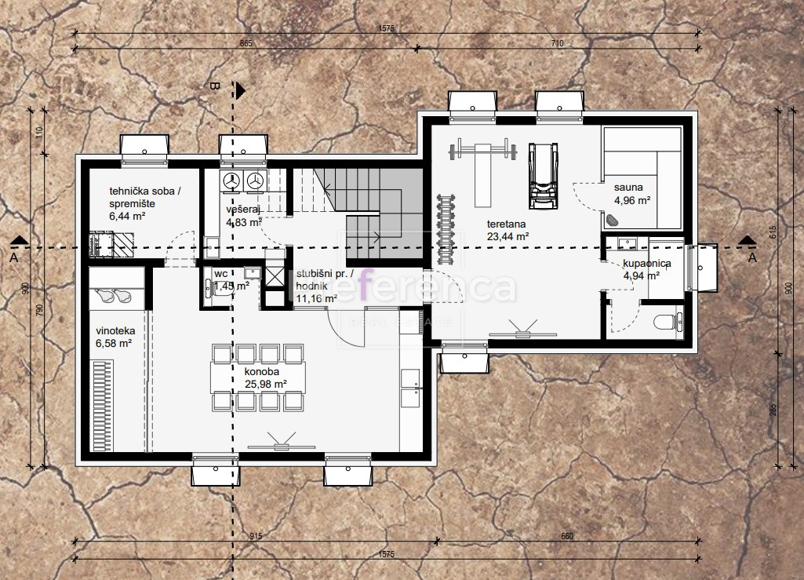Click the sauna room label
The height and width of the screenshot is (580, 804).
tap(629, 194)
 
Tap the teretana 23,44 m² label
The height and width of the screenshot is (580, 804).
tap(506, 229)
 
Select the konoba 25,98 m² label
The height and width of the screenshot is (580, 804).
tap(263, 377)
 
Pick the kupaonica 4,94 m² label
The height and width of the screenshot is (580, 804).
tap(646, 269)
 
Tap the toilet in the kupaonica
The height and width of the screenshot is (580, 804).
tap(668, 321)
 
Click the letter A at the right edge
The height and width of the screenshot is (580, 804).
tap(751, 257)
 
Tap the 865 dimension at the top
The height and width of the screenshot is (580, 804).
tap(246, 43)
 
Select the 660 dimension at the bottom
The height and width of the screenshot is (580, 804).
tap(567, 536)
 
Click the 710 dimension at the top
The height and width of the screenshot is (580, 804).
tap(558, 43)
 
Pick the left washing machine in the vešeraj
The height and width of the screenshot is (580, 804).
tap(230, 181)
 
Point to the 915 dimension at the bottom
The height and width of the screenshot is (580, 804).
tap(256, 536)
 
